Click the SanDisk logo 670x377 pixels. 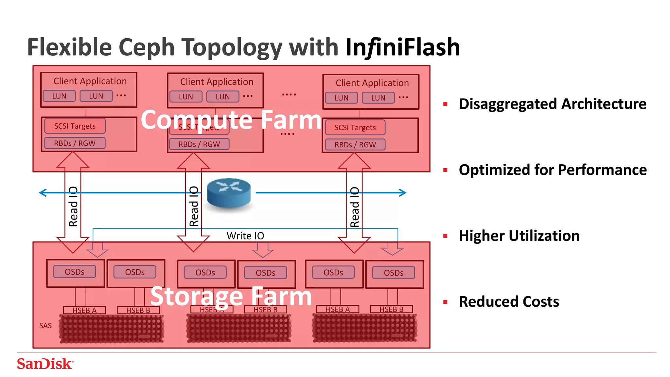(45, 364)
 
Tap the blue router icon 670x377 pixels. (229, 193)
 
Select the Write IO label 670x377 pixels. (245, 236)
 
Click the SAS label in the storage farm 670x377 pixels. (45, 326)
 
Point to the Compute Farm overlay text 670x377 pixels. (231, 120)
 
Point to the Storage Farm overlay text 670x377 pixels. (231, 296)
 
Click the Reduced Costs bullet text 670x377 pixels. (509, 301)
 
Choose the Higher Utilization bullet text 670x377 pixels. (519, 236)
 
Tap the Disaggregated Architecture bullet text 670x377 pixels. (552, 104)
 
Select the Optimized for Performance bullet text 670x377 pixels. (553, 170)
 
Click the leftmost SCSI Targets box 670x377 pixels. (75, 126)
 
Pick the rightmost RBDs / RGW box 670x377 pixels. (355, 145)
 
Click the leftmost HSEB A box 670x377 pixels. (84, 310)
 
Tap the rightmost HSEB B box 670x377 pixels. (391, 309)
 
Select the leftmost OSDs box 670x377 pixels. (75, 272)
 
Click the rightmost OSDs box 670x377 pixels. (393, 273)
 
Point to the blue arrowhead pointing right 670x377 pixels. (403, 193)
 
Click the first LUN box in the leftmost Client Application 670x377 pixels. (59, 96)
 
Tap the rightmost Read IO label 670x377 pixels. (355, 207)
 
